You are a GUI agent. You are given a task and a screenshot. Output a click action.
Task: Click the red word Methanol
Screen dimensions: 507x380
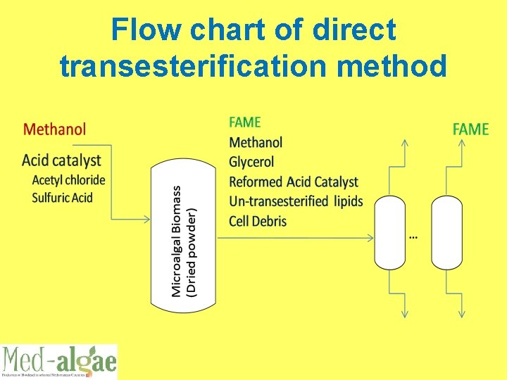tap(55, 129)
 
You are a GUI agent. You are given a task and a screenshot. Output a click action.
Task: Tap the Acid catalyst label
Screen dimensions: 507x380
tap(61, 160)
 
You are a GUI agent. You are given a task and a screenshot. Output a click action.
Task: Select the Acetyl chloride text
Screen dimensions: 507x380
tap(68, 180)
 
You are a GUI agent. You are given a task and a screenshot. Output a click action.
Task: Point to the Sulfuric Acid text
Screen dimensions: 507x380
tap(62, 197)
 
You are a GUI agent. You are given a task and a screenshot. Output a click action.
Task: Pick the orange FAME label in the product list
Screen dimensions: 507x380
tap(245, 122)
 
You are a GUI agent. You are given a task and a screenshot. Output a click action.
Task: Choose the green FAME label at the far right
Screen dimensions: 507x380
tap(470, 129)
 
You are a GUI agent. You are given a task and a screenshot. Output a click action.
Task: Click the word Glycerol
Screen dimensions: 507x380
tap(251, 162)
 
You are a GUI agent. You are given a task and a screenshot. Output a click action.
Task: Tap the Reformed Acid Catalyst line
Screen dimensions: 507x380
tap(294, 182)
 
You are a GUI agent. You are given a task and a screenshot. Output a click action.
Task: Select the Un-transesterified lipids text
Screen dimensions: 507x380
tap(296, 201)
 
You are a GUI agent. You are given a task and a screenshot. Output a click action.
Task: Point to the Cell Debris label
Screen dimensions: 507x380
tap(258, 221)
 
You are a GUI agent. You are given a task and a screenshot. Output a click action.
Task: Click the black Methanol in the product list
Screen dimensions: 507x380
tap(256, 142)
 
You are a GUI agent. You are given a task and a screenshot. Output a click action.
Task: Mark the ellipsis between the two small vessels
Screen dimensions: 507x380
tap(413, 237)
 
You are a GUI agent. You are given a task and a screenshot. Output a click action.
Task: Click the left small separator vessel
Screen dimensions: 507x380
tap(391, 232)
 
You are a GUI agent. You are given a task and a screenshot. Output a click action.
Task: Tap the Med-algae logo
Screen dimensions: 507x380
tap(58, 362)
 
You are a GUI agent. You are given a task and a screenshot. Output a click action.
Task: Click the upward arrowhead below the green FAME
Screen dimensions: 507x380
tap(461, 143)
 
